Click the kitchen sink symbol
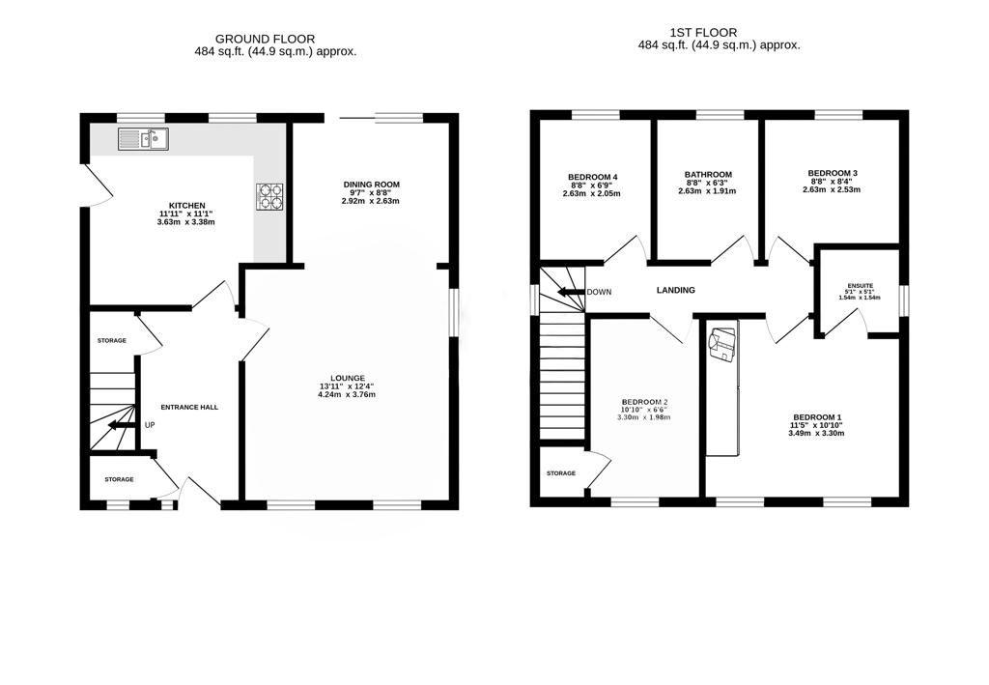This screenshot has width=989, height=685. (x=143, y=139)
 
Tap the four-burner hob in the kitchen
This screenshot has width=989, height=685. (x=269, y=196)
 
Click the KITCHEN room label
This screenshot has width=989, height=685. (x=186, y=206)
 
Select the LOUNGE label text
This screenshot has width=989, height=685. (x=347, y=379)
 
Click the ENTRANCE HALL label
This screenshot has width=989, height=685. (x=189, y=408)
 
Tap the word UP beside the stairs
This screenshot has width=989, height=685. (x=150, y=425)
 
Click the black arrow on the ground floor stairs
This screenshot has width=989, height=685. (x=121, y=425)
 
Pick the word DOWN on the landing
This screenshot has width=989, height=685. (x=599, y=292)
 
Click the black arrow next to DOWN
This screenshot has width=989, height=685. (x=571, y=292)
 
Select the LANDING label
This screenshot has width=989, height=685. (x=675, y=290)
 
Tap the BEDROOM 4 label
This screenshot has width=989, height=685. (x=592, y=177)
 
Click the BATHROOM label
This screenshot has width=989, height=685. (x=708, y=175)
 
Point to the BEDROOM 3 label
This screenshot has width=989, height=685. (x=833, y=173)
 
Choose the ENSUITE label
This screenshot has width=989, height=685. (x=861, y=286)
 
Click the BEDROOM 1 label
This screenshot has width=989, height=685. (x=817, y=417)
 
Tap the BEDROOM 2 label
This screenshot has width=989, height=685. (x=644, y=402)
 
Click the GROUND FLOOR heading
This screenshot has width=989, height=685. (x=265, y=39)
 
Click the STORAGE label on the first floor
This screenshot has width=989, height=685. (x=561, y=473)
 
